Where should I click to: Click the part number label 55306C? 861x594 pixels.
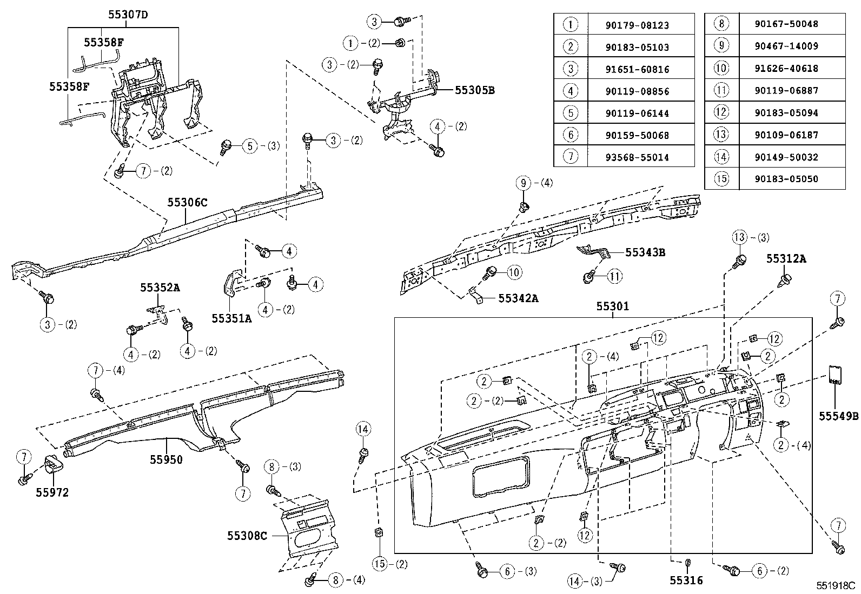(187, 203)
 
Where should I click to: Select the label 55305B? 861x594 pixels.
(474, 90)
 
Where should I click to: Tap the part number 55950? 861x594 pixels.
(166, 460)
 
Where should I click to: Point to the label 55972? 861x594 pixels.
(52, 492)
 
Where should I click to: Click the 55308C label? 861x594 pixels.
(247, 536)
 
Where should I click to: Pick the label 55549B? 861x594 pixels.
(838, 416)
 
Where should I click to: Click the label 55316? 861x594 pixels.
(686, 580)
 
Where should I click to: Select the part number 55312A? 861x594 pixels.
(786, 259)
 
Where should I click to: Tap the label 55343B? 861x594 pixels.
(645, 252)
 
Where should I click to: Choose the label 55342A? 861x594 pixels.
(518, 298)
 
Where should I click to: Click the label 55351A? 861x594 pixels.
(231, 318)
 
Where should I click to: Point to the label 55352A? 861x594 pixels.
(160, 288)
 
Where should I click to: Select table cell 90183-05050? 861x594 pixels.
(786, 179)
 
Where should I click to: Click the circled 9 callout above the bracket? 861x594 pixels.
(524, 183)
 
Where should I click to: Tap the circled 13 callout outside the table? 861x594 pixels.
(740, 237)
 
